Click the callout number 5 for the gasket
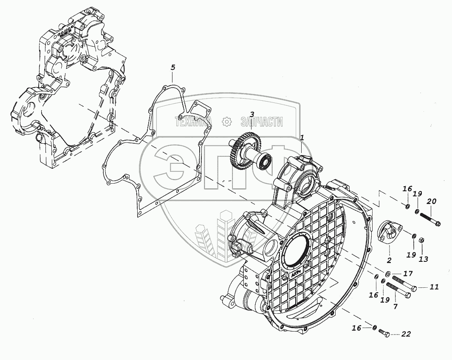point(172,68)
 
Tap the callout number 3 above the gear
point(252,114)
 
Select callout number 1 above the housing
point(302,137)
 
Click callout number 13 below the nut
point(423,259)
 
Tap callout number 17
point(408,273)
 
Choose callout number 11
point(433,287)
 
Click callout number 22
point(406,334)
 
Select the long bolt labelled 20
point(430,219)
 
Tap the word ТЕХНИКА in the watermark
point(193,122)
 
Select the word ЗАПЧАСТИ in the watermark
point(261,122)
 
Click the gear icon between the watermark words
point(227,122)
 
